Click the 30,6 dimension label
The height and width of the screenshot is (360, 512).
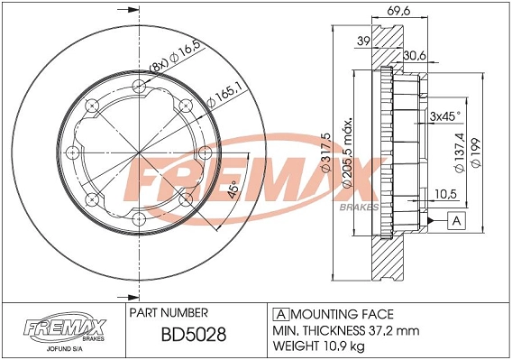(x=414, y=55)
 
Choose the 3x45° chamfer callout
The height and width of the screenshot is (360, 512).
(x=446, y=116)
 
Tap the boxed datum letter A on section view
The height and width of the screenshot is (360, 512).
(x=456, y=219)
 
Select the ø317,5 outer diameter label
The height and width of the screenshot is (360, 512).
(x=328, y=154)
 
